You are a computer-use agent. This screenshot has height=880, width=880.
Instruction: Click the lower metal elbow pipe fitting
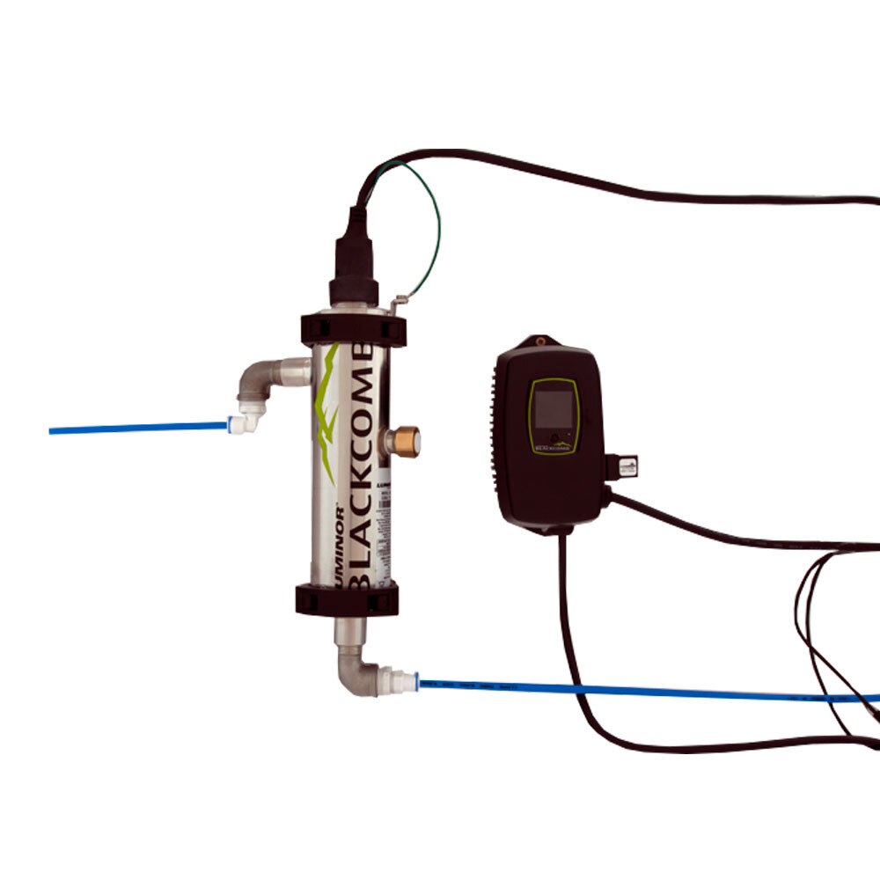pos(356,664)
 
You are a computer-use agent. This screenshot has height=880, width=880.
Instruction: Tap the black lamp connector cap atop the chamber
pos(353,260)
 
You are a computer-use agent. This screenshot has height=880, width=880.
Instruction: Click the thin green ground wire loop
pos(431,220)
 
